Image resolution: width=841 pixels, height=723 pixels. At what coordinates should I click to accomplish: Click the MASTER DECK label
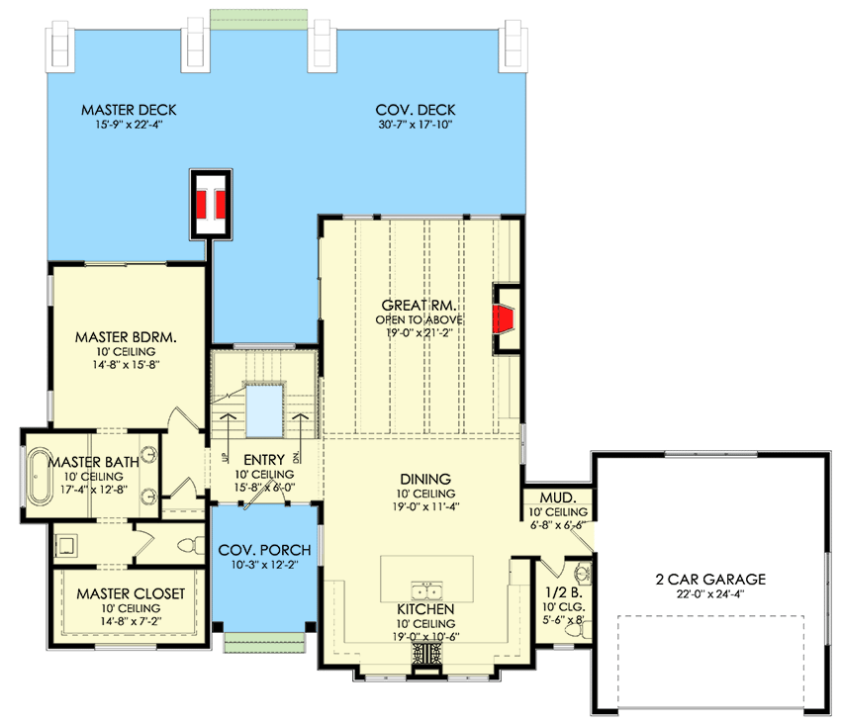tap(129, 110)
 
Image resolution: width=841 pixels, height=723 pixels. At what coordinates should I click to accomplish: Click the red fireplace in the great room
tap(506, 320)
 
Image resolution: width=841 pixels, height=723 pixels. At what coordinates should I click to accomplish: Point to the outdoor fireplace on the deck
tap(210, 203)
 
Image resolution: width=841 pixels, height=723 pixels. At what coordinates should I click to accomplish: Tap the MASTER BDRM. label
tap(126, 337)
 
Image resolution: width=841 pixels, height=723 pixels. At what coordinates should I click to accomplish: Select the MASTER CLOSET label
tap(131, 593)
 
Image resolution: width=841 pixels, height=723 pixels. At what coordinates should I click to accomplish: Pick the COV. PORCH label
tap(264, 550)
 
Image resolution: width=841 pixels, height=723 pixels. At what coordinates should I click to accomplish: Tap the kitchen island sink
tap(428, 591)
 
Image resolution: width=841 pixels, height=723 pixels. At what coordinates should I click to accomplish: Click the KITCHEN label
tap(427, 610)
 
